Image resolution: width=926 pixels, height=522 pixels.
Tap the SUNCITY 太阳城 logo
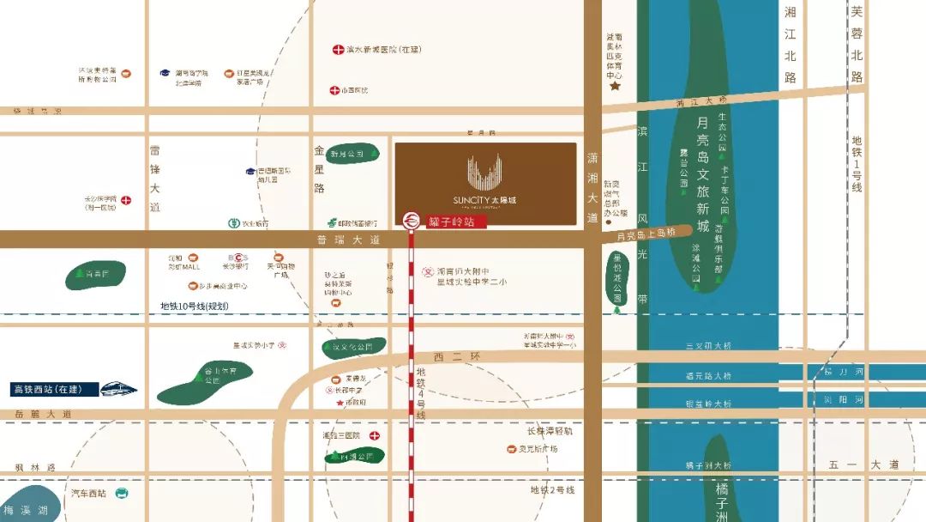485,184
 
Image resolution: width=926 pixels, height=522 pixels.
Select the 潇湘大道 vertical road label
592,189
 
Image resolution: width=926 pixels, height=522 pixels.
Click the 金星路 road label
320,168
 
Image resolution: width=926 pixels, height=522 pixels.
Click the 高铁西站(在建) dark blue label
48,389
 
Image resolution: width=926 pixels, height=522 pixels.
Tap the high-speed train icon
118,389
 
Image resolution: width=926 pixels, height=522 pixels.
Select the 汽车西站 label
89,494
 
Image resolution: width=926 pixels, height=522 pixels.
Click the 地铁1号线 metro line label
856,164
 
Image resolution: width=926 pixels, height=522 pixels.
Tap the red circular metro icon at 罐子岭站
412,221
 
